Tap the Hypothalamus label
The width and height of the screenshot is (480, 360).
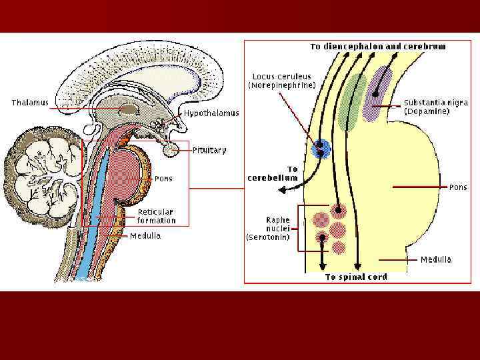[211, 113]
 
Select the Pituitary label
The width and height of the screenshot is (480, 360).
[209, 150]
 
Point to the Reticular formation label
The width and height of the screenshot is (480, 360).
[157, 216]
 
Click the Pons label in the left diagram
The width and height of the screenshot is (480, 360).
[163, 179]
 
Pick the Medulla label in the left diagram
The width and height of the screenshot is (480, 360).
[145, 236]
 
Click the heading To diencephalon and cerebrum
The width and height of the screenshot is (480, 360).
[378, 47]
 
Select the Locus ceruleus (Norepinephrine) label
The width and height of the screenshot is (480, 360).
[282, 81]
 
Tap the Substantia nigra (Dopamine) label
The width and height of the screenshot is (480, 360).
[436, 107]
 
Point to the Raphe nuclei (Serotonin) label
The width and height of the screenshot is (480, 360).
[268, 228]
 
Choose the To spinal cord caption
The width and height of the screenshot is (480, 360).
[356, 277]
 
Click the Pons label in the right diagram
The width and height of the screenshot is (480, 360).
[458, 187]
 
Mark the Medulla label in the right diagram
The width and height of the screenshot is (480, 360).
[436, 259]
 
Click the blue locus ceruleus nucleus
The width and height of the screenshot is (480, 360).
[321, 149]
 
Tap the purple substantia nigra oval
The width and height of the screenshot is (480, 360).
[380, 93]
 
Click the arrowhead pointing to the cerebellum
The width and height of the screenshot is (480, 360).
[282, 190]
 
